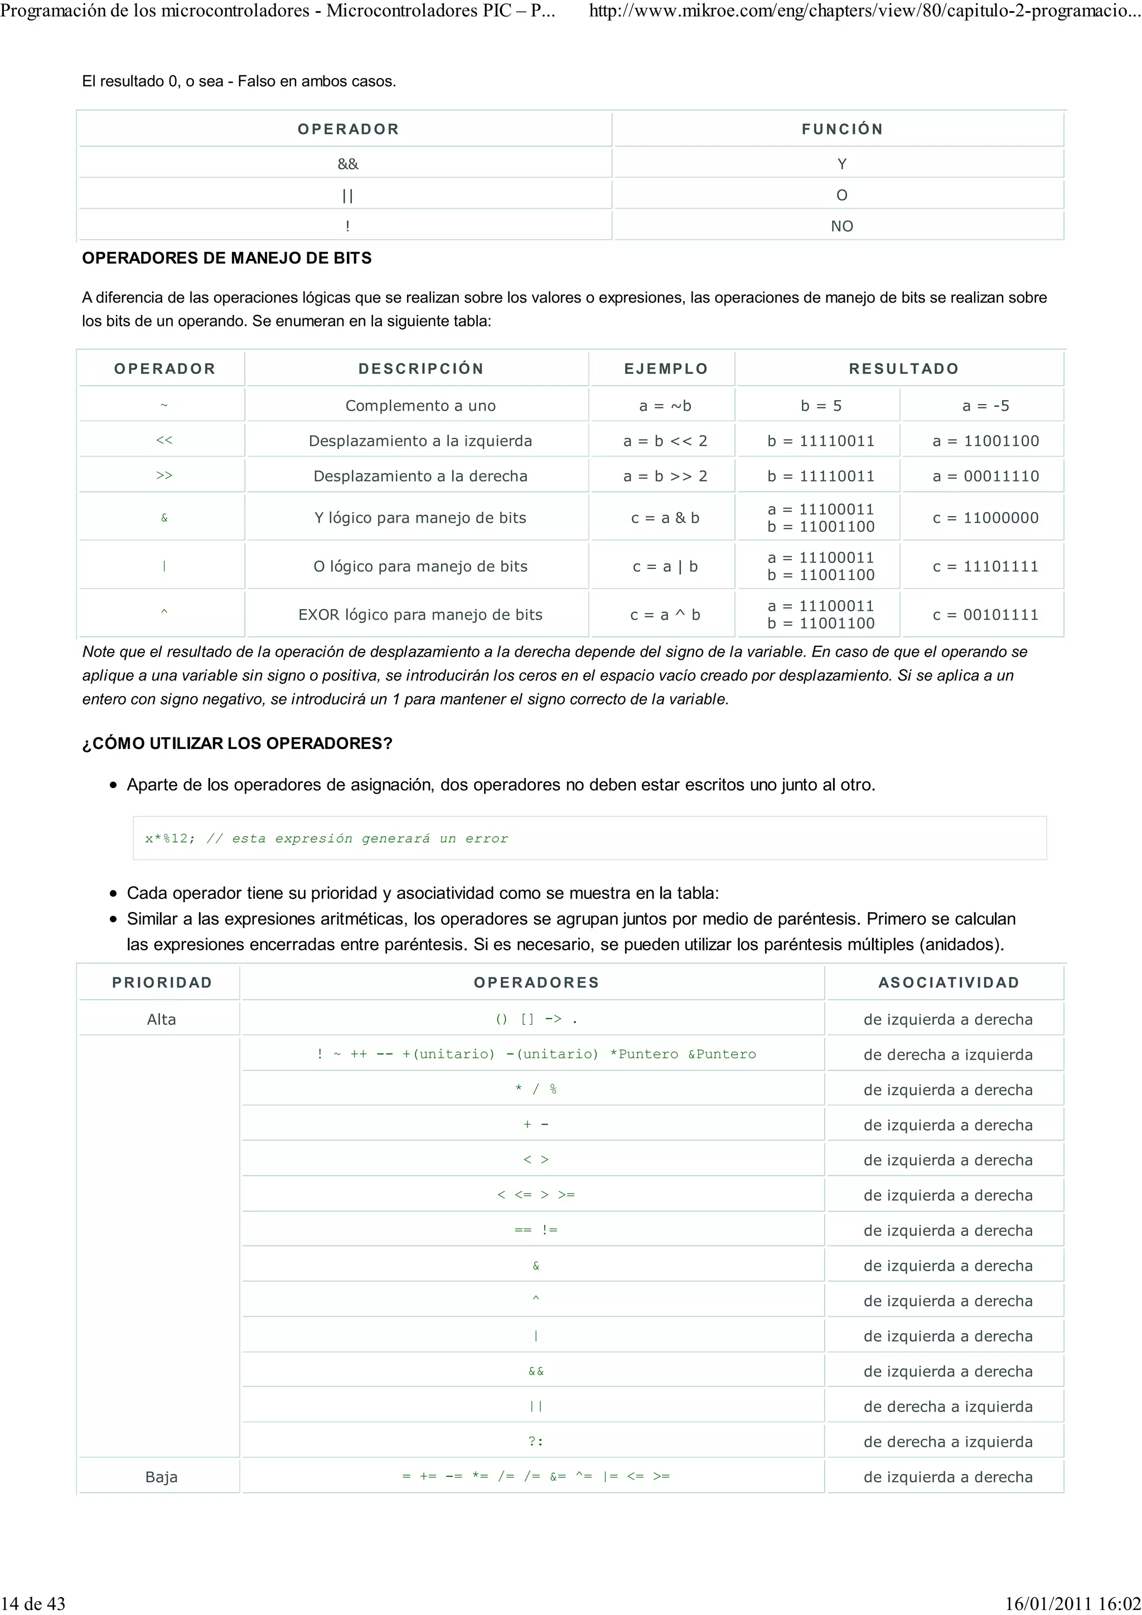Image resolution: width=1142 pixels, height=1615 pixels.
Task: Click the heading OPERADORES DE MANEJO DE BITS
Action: (226, 258)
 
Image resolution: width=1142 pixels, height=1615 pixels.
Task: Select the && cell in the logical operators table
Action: (347, 164)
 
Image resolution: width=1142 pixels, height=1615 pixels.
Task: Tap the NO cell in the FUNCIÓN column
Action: (841, 226)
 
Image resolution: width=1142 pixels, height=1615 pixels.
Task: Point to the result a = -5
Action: (985, 406)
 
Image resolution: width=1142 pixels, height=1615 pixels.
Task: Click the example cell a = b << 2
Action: (665, 441)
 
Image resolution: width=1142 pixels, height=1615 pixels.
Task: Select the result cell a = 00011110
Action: (985, 476)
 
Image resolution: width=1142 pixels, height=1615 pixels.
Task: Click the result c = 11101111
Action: (985, 566)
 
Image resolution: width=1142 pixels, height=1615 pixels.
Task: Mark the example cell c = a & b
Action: (665, 518)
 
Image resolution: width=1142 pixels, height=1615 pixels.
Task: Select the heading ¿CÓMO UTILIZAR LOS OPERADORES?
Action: (237, 743)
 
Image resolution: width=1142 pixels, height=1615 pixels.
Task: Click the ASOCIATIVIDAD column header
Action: (949, 982)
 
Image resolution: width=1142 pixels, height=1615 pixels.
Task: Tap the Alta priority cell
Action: (161, 1019)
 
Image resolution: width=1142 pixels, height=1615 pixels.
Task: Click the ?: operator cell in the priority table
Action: (535, 1441)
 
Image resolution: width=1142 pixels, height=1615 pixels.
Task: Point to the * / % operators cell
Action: (535, 1089)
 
